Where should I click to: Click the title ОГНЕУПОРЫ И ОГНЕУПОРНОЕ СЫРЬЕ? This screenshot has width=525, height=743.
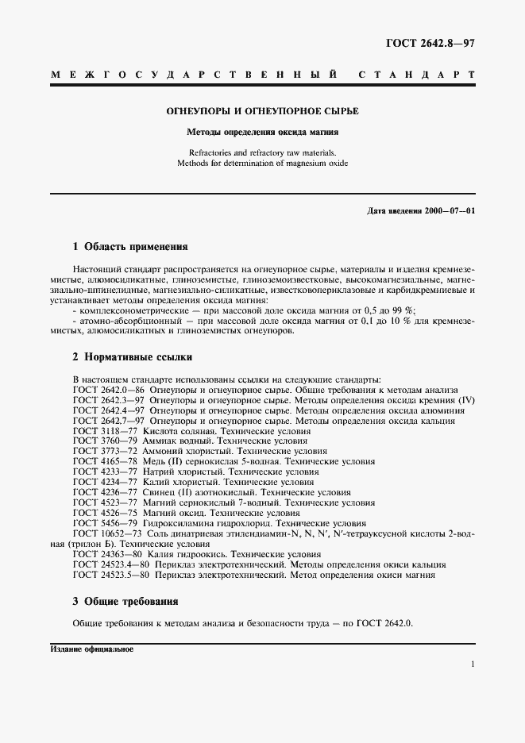[262, 112]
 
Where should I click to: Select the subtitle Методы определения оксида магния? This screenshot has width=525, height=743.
[262, 133]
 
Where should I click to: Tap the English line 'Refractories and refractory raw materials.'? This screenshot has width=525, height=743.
[262, 152]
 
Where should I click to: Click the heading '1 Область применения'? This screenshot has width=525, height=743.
[130, 247]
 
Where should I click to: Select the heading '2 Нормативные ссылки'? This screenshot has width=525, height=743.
[130, 357]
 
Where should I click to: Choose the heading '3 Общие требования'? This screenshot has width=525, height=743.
[125, 601]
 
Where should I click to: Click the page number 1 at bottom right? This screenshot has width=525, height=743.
[473, 665]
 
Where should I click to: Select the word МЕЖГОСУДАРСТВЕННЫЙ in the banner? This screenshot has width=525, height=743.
[195, 75]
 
